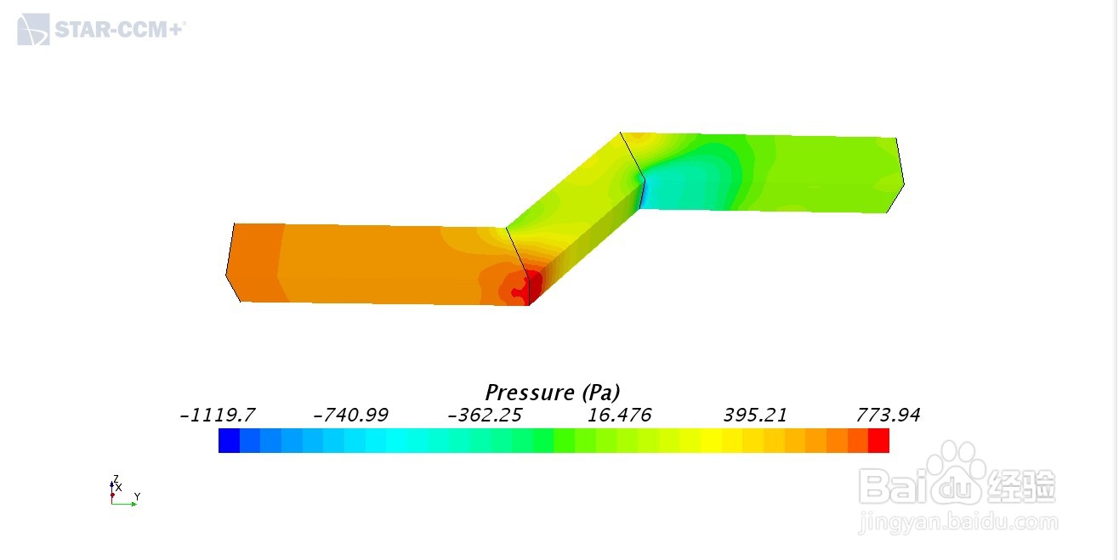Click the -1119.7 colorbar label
[x=218, y=415]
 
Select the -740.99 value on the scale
[x=350, y=415]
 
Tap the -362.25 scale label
[x=485, y=415]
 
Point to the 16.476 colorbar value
[x=619, y=415]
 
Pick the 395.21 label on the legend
[x=755, y=415]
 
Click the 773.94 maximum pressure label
[x=889, y=415]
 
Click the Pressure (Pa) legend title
[x=553, y=393]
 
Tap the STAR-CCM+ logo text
[x=120, y=30]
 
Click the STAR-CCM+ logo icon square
[x=33, y=30]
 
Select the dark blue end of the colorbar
[x=230, y=441]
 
